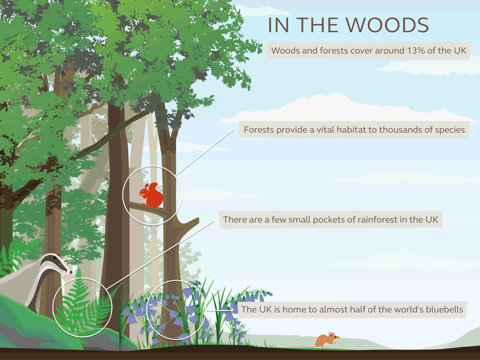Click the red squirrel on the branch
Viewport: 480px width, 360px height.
151,195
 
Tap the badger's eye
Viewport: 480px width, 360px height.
61,264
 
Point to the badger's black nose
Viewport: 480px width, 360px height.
71,271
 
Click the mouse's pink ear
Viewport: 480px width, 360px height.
330,334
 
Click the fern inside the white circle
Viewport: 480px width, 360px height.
83,306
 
